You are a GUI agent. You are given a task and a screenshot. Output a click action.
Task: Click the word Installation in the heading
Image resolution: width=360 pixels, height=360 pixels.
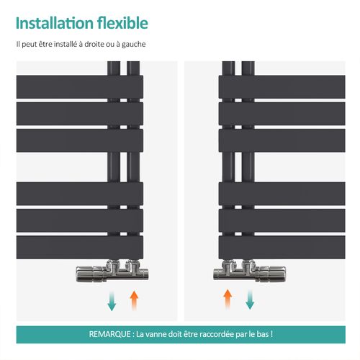click(x=55, y=23)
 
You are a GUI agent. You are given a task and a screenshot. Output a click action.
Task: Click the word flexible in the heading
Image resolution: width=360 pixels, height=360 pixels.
click(x=122, y=23)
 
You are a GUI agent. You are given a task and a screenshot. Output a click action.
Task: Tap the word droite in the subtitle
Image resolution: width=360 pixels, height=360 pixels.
click(x=94, y=44)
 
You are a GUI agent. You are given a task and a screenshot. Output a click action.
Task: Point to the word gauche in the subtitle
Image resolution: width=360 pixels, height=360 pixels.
click(x=134, y=45)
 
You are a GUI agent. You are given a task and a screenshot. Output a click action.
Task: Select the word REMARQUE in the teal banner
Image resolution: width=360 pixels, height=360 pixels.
click(x=109, y=334)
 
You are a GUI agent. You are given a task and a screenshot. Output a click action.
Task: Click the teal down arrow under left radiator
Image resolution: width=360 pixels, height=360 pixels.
click(x=112, y=300)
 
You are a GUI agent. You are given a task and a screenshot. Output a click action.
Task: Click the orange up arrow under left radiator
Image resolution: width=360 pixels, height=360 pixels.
click(x=134, y=300)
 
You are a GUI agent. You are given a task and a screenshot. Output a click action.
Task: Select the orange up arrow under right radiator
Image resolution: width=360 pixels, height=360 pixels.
click(x=228, y=300)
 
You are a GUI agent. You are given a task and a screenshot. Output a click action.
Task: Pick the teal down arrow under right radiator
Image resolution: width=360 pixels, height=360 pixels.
click(x=250, y=300)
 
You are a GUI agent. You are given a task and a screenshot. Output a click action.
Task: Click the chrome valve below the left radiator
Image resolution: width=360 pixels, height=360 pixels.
click(x=112, y=271)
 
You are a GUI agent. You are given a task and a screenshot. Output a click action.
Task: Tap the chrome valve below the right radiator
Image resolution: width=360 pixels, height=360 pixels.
click(x=250, y=271)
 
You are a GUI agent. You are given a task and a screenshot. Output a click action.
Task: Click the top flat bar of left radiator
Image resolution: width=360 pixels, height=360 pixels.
click(x=80, y=87)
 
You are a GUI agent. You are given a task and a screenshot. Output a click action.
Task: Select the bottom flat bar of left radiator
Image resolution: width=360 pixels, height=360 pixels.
click(x=80, y=247)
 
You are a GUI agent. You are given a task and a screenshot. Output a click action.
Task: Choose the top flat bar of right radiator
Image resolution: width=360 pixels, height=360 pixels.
click(x=282, y=87)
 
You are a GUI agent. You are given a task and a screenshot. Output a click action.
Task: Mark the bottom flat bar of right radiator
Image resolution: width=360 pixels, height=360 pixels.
click(x=282, y=247)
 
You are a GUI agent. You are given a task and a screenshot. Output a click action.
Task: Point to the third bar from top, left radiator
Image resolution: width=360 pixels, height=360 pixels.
click(x=80, y=140)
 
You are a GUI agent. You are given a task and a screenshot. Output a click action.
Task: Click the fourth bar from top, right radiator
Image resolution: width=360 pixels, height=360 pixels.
click(x=282, y=194)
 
